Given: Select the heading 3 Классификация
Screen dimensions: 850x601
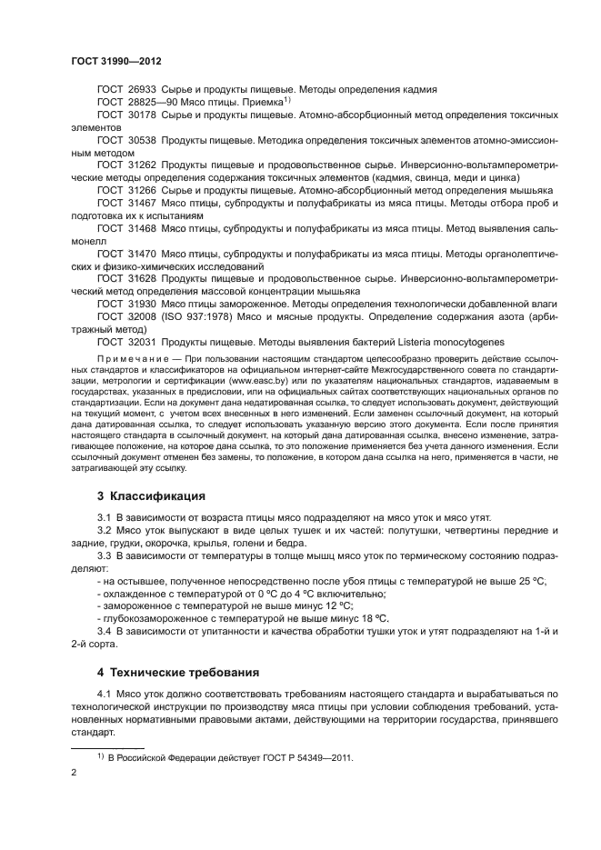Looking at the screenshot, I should pyautogui.click(x=151, y=496).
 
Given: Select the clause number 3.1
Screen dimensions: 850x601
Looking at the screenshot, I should pyautogui.click(x=104, y=517).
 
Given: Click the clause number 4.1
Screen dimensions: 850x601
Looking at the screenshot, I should pyautogui.click(x=104, y=695).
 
